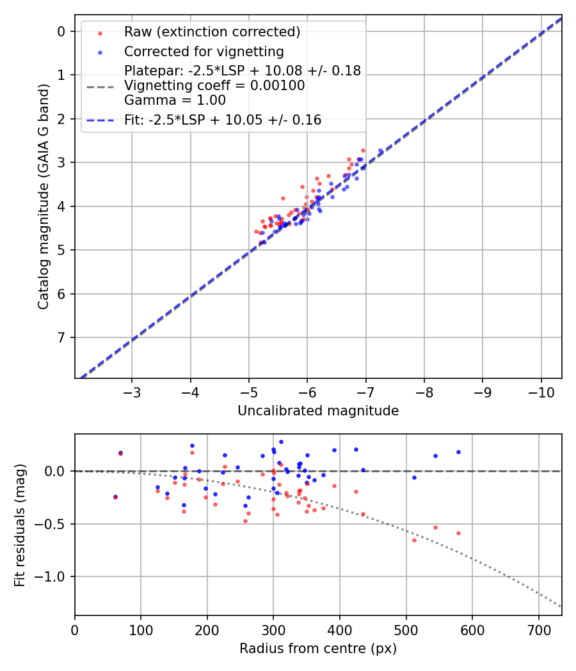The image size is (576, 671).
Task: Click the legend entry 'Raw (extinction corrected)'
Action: point(212,32)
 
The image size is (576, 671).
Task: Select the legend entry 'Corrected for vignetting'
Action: point(204,51)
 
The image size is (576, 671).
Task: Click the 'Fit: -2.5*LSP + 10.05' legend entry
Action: point(223,120)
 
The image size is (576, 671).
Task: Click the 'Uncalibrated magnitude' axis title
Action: point(318,411)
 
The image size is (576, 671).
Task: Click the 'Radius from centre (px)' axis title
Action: point(318,649)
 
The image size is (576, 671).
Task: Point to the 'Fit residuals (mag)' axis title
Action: point(20,525)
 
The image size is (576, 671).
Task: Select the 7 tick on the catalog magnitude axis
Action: point(62,337)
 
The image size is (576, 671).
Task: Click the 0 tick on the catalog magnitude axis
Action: point(62,31)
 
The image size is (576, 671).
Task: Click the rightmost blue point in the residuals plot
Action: point(458,452)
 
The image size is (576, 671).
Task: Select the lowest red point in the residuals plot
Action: point(414,540)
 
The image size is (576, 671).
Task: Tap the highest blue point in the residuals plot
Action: point(281,442)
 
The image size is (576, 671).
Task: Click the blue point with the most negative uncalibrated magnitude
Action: point(381,151)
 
